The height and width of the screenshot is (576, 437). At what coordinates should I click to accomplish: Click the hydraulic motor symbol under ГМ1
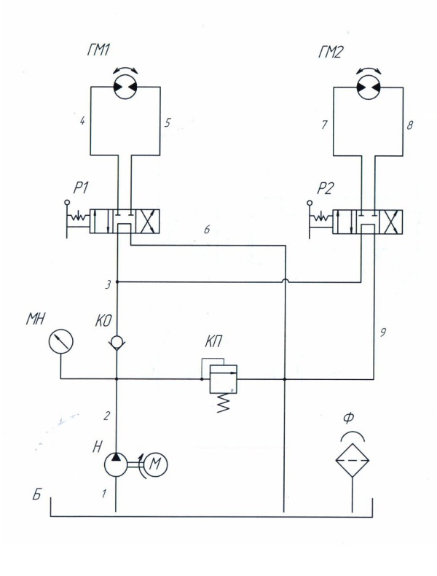pos(125,87)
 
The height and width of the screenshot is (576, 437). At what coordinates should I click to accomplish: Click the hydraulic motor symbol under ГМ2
pos(369,87)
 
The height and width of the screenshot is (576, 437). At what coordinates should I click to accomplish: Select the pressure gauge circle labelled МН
pos(61,342)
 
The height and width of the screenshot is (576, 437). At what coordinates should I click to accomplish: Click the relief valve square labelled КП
pos(223,379)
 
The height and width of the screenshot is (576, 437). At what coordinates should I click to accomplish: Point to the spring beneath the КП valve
pos(224,403)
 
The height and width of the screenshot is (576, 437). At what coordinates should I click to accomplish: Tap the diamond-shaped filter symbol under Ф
pos(353,460)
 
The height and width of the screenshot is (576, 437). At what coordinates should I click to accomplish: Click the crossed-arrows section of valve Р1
pos(148,222)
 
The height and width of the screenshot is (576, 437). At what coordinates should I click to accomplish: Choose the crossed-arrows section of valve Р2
pos(391,222)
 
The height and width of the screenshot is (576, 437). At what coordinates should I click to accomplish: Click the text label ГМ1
pos(98,50)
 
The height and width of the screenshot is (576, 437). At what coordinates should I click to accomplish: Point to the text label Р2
pos(326,188)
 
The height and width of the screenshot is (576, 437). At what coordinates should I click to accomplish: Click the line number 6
pos(207,230)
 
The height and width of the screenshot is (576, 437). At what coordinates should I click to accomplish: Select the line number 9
pos(382,332)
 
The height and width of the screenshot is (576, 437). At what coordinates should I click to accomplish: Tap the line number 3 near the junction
pos(108,285)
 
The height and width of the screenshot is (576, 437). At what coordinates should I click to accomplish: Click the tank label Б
pos(36,495)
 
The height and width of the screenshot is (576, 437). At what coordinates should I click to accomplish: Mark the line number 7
pos(324,125)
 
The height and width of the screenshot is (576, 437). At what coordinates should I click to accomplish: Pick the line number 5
pos(168,122)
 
